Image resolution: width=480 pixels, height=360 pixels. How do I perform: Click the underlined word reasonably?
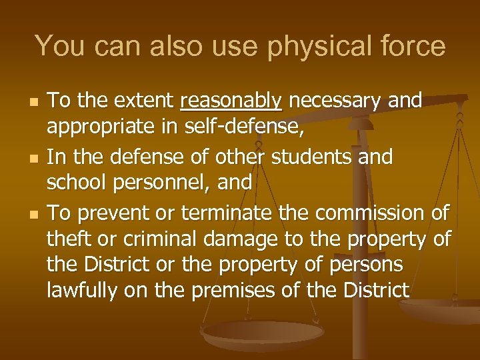pos(231,101)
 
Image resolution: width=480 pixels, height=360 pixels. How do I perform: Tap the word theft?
pos(71,238)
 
